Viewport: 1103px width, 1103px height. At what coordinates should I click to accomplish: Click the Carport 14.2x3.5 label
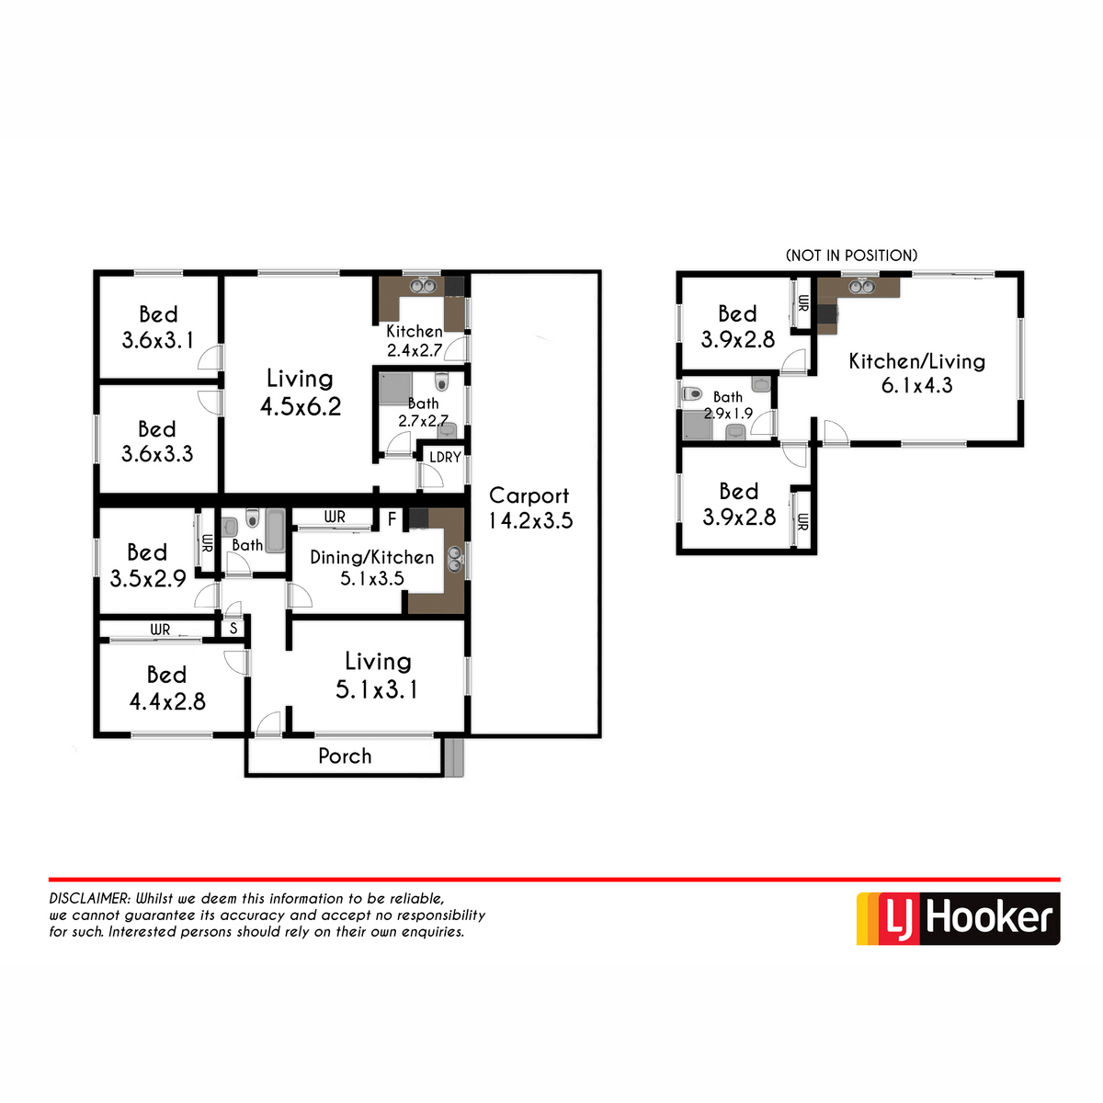pos(529,507)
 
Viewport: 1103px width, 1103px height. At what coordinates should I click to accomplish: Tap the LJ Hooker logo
pos(957,918)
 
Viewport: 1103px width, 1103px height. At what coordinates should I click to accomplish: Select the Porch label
pos(345,756)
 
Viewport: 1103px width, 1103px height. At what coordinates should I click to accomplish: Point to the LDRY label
pos(445,457)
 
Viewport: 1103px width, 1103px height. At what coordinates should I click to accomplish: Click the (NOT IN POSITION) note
pos(851,256)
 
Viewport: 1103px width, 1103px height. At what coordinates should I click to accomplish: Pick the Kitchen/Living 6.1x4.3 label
pos(916,373)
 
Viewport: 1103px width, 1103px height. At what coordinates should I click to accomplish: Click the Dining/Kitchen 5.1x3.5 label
pos(372,568)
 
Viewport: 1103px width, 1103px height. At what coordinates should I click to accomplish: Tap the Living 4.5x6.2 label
pos(300,392)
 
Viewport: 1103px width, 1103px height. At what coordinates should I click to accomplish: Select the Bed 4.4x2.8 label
pos(166,688)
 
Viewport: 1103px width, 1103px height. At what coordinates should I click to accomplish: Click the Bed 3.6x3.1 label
pos(158,327)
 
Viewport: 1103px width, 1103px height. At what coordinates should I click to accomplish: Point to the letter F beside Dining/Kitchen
pos(392,519)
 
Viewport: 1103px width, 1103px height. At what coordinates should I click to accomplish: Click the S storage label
pos(233,629)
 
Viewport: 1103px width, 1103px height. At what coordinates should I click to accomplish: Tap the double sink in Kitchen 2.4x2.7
pos(422,286)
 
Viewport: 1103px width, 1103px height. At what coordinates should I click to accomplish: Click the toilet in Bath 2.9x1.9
pos(692,393)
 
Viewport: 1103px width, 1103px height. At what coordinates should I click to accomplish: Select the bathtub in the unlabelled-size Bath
pos(276,529)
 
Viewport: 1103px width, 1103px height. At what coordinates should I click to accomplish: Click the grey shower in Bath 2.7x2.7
pos(395,388)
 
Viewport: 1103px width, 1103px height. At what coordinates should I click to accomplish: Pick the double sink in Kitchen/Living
pos(861,286)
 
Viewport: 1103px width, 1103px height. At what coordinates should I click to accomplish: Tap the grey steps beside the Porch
pos(454,756)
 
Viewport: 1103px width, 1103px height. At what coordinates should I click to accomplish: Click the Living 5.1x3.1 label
pos(377,676)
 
